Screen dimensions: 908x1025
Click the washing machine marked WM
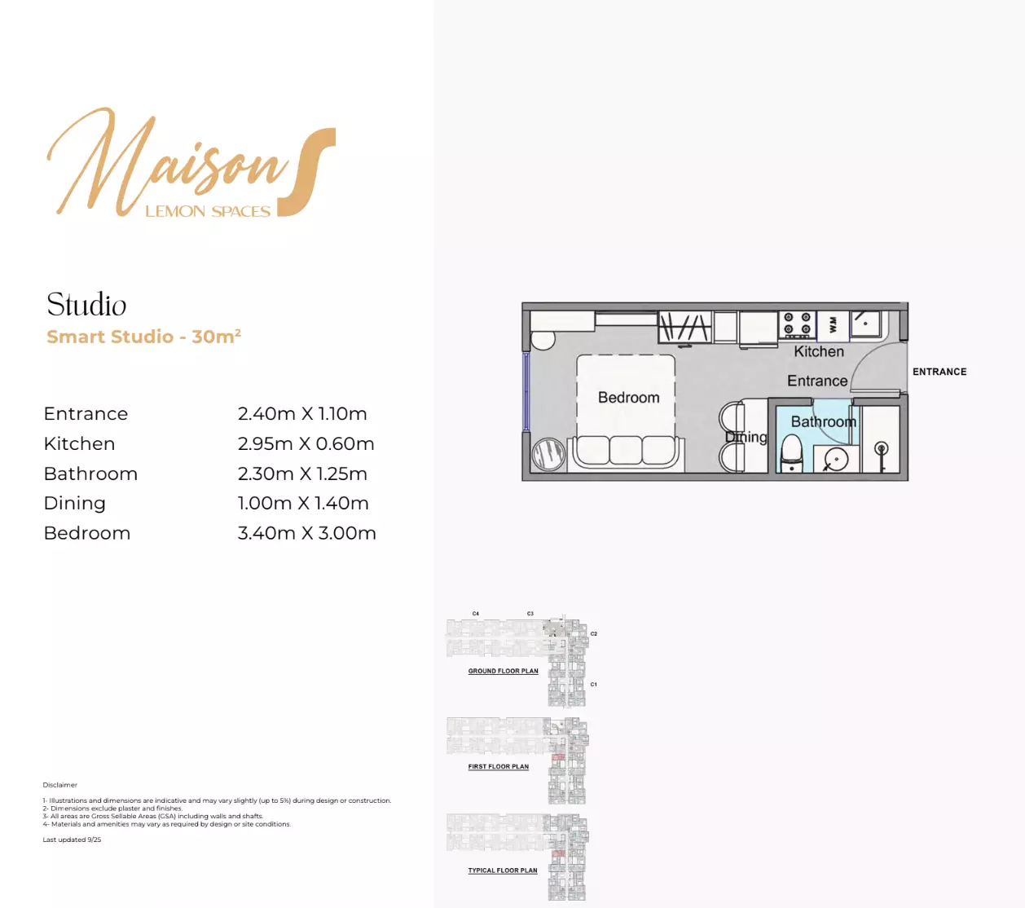(x=833, y=324)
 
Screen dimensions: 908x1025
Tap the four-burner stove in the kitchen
(x=797, y=324)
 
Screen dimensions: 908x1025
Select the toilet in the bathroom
(x=791, y=453)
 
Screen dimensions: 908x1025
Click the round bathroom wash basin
(x=836, y=460)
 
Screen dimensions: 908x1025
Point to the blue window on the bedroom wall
(x=526, y=392)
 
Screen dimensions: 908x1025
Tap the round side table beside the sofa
(x=548, y=454)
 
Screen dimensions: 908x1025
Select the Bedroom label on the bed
(x=628, y=398)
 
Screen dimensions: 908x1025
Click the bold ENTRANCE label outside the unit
(x=939, y=372)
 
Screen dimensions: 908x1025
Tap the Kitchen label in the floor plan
(x=819, y=352)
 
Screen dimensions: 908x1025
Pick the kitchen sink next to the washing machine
(x=865, y=324)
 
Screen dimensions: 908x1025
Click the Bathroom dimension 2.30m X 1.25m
(x=302, y=474)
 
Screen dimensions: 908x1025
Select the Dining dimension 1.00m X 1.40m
(x=303, y=504)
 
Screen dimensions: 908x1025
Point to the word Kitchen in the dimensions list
(x=79, y=444)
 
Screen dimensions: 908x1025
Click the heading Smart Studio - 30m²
(x=143, y=337)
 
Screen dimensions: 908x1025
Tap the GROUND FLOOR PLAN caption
(x=503, y=672)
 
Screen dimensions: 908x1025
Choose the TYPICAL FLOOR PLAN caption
(x=502, y=871)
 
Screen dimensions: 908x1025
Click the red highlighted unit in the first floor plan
(x=557, y=757)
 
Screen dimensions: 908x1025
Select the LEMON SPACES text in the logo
(x=208, y=212)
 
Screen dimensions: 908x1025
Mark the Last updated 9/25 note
(x=72, y=840)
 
